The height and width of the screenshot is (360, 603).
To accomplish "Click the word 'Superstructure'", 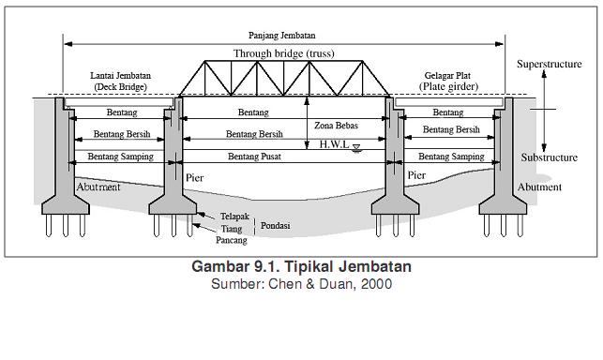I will (x=547, y=65).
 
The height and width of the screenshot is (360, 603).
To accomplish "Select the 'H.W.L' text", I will (x=334, y=144).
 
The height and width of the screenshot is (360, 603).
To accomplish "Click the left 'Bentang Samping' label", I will (x=120, y=157).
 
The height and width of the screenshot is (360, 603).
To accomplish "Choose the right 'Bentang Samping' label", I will (x=451, y=157).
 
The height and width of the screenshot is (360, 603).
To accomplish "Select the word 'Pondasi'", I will (x=275, y=225).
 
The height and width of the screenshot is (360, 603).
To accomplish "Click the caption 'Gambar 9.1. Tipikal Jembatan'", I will (x=301, y=267).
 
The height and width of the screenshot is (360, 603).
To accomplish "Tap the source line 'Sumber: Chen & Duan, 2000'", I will (x=301, y=283).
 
